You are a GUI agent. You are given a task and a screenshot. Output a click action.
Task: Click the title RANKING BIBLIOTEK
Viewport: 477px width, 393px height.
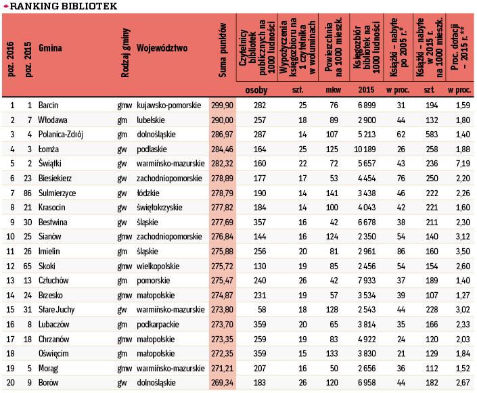pyautogui.click(x=63, y=6)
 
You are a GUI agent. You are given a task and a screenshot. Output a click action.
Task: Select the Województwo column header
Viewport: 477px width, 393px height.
pyautogui.click(x=162, y=49)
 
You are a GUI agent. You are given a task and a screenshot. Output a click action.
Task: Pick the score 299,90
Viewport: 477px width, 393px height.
pyautogui.click(x=223, y=106)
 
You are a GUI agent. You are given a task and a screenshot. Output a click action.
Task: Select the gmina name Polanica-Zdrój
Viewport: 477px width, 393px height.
pyautogui.click(x=61, y=133)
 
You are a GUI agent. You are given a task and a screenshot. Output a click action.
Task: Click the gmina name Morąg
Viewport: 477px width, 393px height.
pyautogui.click(x=49, y=369)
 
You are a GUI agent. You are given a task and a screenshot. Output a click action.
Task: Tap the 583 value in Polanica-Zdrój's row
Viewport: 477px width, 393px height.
pyautogui.click(x=427, y=133)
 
